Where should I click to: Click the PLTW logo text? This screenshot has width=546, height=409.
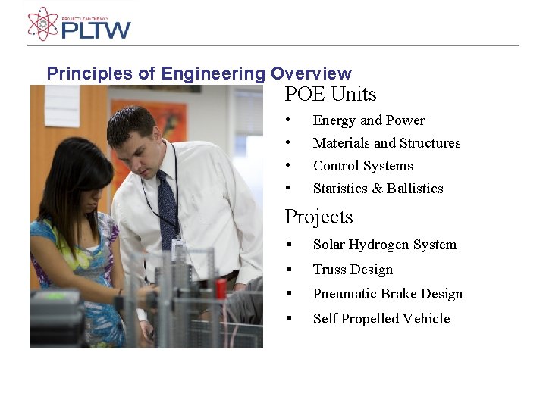click(96, 30)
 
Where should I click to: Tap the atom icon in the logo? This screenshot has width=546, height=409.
click(42, 23)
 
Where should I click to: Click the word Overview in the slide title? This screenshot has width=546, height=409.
click(311, 73)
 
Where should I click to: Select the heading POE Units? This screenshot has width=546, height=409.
click(331, 95)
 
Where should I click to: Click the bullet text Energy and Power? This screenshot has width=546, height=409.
click(369, 120)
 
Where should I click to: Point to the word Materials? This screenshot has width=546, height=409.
click(341, 143)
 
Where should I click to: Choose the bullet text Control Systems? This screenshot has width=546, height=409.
click(362, 166)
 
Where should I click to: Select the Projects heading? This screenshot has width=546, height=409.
click(318, 217)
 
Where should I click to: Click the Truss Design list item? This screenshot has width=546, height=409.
click(353, 270)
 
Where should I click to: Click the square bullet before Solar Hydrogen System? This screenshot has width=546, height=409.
click(289, 245)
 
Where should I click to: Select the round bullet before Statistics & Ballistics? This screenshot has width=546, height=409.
click(288, 189)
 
